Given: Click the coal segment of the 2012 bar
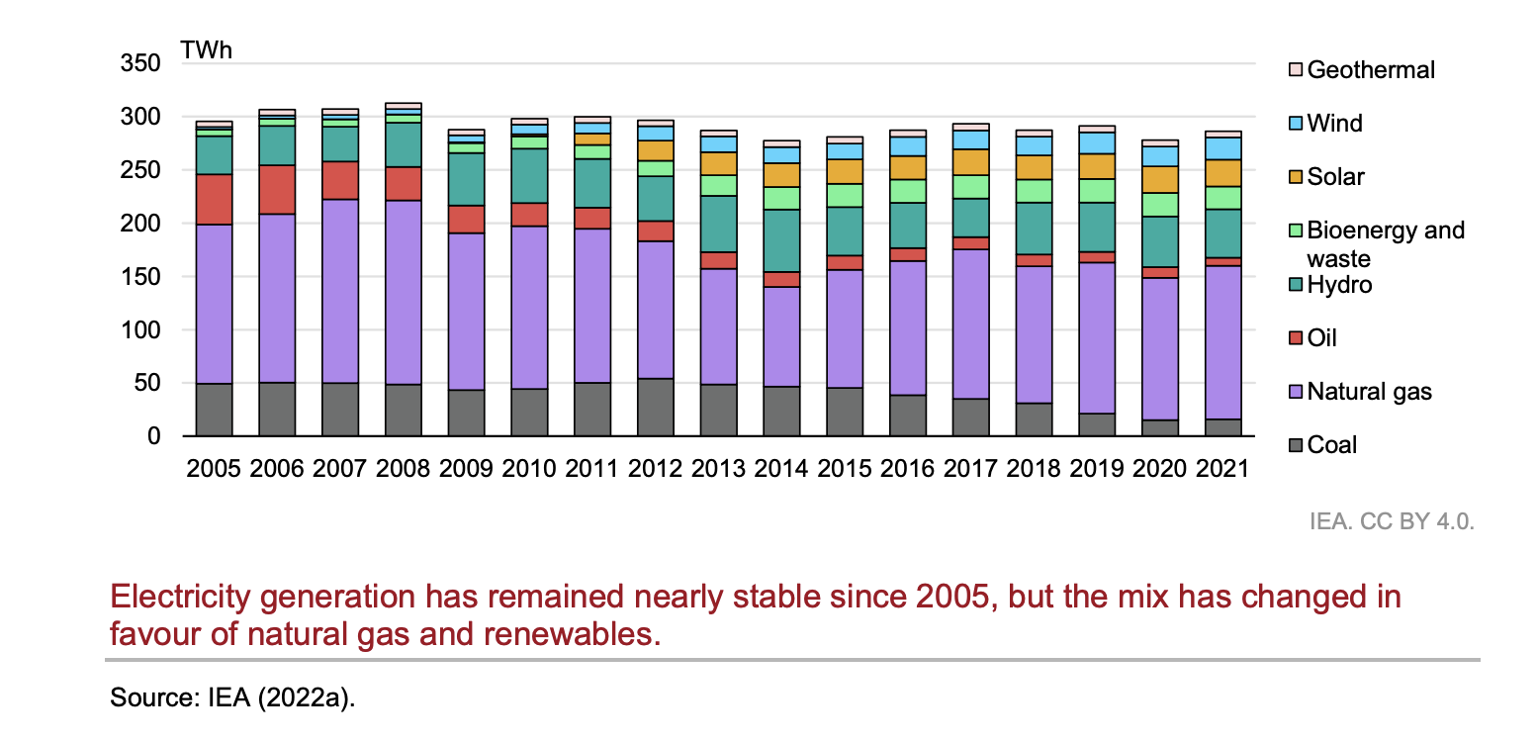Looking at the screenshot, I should [x=656, y=407].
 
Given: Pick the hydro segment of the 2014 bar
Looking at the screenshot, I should [x=782, y=240].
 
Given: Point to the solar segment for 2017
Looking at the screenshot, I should [x=971, y=162].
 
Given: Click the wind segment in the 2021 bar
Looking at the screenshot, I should [x=1223, y=148].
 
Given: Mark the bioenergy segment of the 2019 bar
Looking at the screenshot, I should [x=1097, y=191].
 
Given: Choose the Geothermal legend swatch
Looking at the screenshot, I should [x=1295, y=70].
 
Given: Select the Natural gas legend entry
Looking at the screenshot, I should [x=1369, y=392].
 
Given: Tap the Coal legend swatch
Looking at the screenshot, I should [x=1295, y=445].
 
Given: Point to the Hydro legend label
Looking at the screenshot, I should [x=1339, y=285].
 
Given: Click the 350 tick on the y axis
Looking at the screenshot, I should [x=139, y=64].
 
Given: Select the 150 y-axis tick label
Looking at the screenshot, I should [x=139, y=277].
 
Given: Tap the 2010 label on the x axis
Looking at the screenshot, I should [x=529, y=468].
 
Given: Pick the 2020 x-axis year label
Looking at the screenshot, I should [x=1160, y=468].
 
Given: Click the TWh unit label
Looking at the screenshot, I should [x=206, y=49].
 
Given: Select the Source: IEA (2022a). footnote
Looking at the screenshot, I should [x=232, y=697].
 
